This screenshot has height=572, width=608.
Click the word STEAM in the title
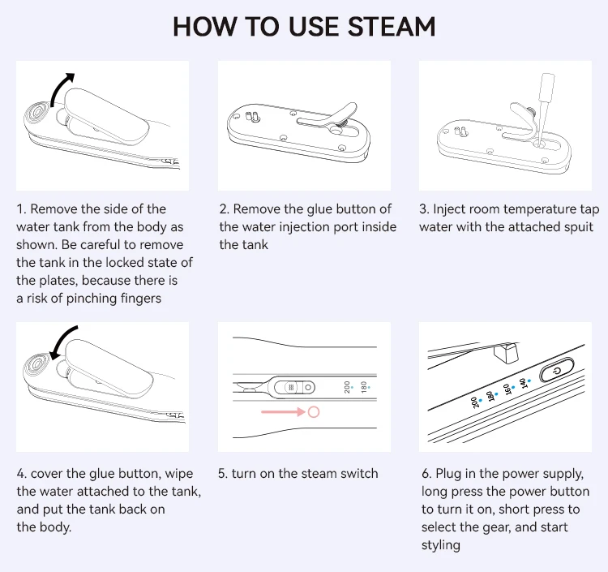[x=391, y=27]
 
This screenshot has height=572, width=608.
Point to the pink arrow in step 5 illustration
[x=284, y=411]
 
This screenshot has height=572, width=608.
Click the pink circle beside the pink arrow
[x=313, y=411]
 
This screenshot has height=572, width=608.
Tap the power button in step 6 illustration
[x=557, y=371]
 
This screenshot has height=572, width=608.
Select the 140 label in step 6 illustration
[x=523, y=383]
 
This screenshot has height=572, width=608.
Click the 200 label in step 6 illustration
[x=474, y=402]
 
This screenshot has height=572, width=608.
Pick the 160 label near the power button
[x=507, y=389]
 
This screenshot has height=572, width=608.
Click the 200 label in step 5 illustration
[x=347, y=387]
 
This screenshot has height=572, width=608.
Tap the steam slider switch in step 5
[x=294, y=387]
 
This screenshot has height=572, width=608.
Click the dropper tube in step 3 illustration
[x=544, y=107]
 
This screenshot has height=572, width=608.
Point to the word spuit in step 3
[x=577, y=227]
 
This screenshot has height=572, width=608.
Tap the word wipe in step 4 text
[x=179, y=474]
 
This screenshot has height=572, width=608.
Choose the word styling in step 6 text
[x=441, y=545]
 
